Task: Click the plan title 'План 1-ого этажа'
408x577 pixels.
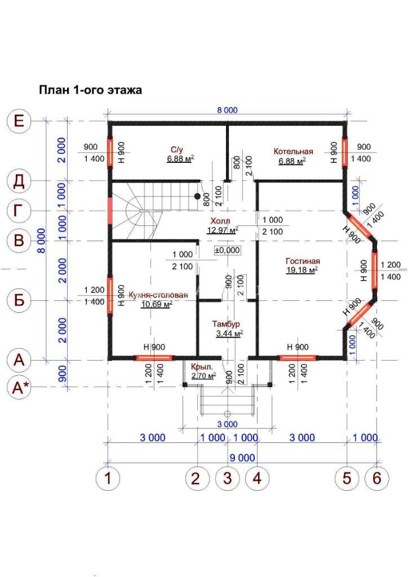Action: (91, 90)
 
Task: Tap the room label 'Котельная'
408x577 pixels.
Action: (293, 152)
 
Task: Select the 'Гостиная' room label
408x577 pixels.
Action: (303, 261)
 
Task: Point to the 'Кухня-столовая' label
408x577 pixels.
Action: (158, 295)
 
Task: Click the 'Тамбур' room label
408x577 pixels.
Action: (226, 324)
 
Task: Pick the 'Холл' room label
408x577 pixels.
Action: (220, 221)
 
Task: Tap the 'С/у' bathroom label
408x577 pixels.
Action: (176, 150)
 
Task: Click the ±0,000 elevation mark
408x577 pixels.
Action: (227, 250)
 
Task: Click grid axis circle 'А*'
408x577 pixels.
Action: (20, 388)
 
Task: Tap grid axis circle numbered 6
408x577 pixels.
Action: (377, 478)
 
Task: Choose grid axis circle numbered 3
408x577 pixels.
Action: (228, 478)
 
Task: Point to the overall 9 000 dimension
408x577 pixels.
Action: (242, 458)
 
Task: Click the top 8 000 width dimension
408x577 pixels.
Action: (227, 110)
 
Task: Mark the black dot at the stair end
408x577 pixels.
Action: (198, 196)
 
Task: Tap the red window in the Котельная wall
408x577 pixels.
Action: (345, 152)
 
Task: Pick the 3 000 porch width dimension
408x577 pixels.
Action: (227, 424)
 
